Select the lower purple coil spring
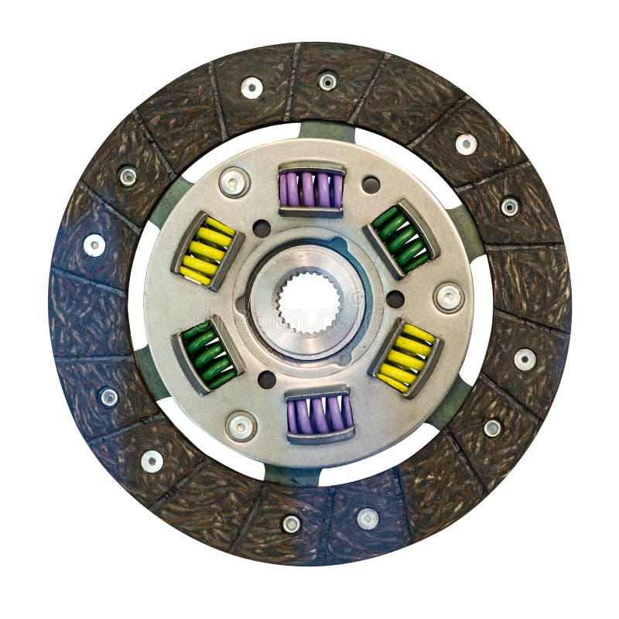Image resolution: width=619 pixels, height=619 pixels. point(320,415)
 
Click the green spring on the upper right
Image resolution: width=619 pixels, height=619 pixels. point(401,238)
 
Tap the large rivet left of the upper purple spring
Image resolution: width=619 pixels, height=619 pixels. point(234,182)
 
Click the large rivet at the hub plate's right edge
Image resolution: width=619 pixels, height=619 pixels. point(449,297)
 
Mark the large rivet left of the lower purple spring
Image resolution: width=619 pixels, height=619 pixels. point(241,426)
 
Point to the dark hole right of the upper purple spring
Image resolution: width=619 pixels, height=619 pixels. point(371,185)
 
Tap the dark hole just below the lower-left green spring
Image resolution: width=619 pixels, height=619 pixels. point(266,380)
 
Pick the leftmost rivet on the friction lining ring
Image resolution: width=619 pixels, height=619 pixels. point(94,245)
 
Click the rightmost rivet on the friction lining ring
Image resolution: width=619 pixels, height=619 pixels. point(525,359)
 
